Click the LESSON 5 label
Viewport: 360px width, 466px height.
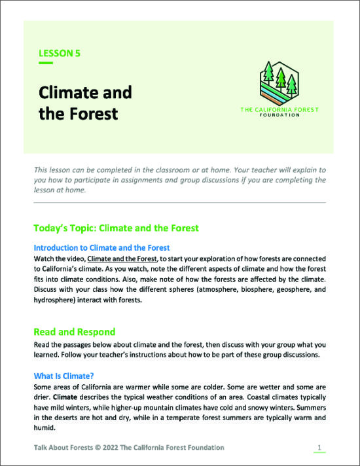[x=60, y=53]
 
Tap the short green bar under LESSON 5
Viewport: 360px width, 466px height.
[x=46, y=63]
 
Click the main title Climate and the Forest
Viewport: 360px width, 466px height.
[x=85, y=103]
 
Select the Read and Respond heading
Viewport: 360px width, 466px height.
[x=75, y=332]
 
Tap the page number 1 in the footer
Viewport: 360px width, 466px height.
[x=319, y=448]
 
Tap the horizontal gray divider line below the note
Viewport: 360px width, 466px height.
[x=179, y=203]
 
